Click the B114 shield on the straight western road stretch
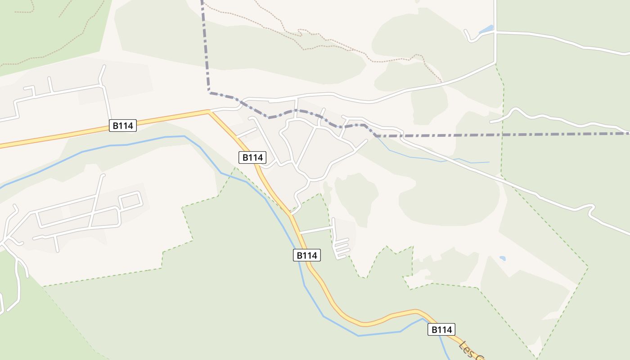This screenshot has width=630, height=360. click(122, 126)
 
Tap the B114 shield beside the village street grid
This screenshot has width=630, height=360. click(252, 157)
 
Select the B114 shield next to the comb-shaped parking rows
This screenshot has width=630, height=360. click(307, 255)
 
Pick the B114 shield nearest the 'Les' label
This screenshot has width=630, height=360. click(441, 329)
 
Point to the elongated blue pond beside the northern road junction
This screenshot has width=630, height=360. click(486, 30)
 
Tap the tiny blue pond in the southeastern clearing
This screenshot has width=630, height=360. click(502, 259)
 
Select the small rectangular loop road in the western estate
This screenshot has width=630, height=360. click(131, 200)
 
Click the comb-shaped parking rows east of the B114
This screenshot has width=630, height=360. click(342, 248)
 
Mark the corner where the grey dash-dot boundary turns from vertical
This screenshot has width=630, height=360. click(210, 93)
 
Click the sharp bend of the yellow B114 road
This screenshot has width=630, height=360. click(209, 112)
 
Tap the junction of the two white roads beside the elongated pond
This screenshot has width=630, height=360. click(495, 32)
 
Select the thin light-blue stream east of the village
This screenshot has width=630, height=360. click(432, 158)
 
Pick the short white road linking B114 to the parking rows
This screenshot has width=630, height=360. click(316, 230)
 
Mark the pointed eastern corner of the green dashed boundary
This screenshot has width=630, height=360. click(588, 268)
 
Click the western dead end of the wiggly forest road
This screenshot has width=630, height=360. click(491, 121)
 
